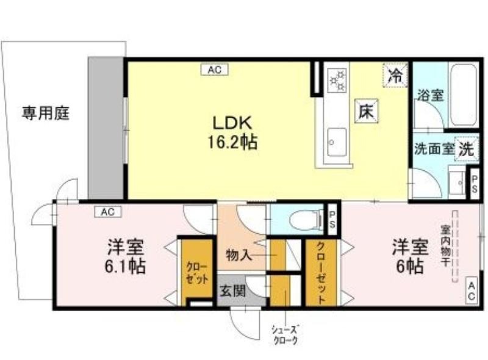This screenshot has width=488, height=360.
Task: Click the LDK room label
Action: coord(232,123)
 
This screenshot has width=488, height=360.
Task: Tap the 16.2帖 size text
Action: coord(232,143)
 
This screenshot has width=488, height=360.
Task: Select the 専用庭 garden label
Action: coord(45,113)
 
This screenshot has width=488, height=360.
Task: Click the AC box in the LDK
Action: coord(214,70)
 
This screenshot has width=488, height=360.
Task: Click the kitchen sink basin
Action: coord(337,142)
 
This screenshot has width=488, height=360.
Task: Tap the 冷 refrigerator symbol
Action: coord(395,75)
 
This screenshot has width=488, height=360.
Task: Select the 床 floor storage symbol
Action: coord(367,111)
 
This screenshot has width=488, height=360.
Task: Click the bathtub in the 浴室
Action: coord(464,95)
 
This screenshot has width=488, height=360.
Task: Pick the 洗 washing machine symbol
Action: coord(467,149)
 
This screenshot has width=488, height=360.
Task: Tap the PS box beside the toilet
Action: coord(332,220)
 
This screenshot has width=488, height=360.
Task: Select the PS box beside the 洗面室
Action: coord(475,184)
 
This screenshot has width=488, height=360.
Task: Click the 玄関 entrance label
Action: coord(233,291)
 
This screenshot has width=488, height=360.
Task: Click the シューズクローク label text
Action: coord(284,334)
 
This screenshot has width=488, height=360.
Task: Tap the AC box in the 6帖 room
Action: coord(472,291)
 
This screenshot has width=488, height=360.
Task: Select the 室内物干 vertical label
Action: coord(445,246)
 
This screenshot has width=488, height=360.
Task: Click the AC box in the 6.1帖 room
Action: coord(108,212)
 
